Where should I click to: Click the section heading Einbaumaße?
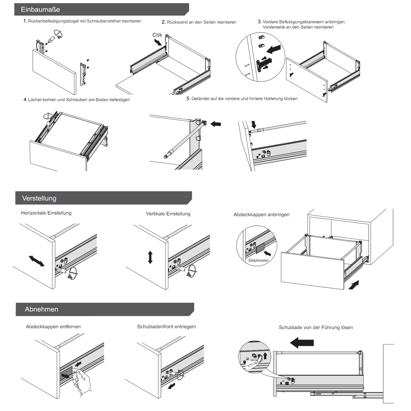coord(40,9)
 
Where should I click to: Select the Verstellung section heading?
coord(39,198)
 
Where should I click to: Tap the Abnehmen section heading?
coord(41,309)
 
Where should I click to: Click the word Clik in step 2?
coord(157,35)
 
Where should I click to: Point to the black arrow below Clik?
coord(158,42)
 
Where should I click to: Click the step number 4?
coord(25,100)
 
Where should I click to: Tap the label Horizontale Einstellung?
coord(46,213)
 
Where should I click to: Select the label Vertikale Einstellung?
coord(168,214)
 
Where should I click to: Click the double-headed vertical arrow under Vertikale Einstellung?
coord(150,257)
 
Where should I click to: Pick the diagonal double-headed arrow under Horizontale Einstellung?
coord(37,261)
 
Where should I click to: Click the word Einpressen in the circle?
coord(258,260)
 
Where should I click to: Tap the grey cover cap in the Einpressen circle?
coord(260,248)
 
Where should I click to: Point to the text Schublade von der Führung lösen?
coord(316,327)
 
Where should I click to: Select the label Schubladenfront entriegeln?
coord(166,327)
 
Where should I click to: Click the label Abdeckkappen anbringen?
coord(261,215)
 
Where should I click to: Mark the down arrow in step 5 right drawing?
coord(254,124)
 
